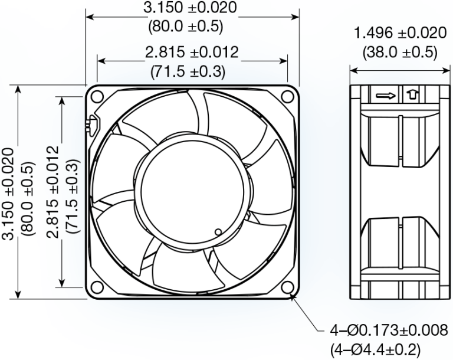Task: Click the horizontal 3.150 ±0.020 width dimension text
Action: tap(191, 8)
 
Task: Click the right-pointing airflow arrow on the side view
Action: tap(385, 94)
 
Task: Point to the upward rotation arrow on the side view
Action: tap(411, 94)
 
